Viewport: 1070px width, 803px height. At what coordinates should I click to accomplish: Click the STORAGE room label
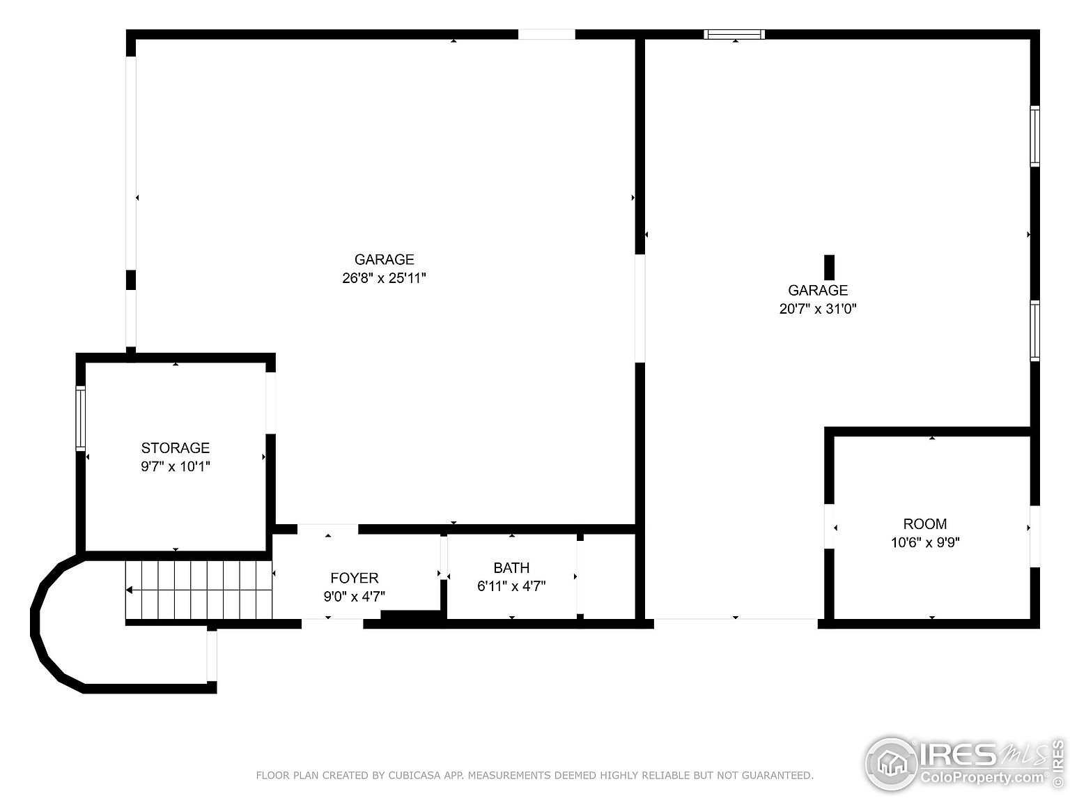tap(176, 448)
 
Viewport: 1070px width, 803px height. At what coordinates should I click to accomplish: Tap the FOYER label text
tap(355, 578)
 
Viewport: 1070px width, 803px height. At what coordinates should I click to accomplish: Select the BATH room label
tap(511, 568)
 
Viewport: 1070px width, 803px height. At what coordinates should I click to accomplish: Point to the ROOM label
tap(925, 524)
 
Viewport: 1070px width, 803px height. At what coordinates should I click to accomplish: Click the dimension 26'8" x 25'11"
tap(384, 278)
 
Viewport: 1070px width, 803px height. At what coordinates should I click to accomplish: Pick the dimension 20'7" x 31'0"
tap(818, 309)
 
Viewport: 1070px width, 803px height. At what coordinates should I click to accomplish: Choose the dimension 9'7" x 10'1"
tap(176, 466)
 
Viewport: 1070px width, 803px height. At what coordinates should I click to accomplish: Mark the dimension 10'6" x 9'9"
tap(925, 542)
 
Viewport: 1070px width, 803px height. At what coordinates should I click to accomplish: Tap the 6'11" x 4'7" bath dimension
tap(511, 586)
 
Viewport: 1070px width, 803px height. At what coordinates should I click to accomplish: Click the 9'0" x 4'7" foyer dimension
tap(355, 596)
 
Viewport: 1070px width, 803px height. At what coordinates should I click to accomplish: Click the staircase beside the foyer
tap(199, 590)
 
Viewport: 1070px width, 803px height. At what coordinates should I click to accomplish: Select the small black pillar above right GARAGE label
tap(829, 267)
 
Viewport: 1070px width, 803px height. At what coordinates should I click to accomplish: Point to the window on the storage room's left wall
tap(81, 418)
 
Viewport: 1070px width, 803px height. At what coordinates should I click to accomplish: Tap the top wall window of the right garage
tap(734, 34)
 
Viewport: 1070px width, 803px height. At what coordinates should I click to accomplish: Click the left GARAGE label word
tap(384, 260)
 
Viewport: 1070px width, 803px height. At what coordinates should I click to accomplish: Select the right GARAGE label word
tap(818, 291)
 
